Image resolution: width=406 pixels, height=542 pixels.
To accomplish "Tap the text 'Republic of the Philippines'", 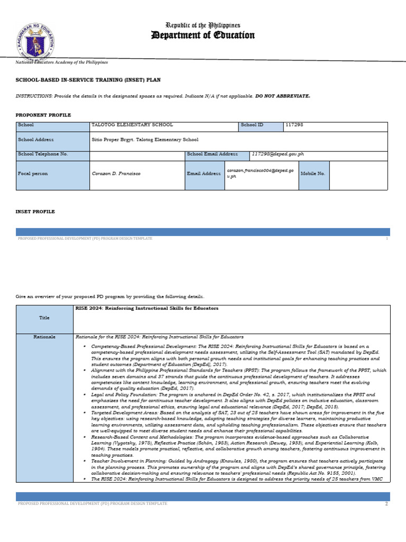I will [203, 25].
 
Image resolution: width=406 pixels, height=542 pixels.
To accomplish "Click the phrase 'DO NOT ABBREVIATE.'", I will [283, 96].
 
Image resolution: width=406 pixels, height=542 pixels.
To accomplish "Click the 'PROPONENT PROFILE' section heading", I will [43, 115].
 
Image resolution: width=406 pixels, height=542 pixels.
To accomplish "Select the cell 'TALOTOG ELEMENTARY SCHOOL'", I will [132, 125].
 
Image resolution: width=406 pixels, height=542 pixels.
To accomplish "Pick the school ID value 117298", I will [294, 125].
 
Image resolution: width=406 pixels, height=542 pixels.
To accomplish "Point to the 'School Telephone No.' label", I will [43, 154].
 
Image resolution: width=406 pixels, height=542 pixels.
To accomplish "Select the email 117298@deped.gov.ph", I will [278, 154].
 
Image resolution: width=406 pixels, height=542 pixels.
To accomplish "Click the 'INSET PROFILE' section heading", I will [35, 212].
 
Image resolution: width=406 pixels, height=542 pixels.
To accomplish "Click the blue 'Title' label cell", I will [44, 318].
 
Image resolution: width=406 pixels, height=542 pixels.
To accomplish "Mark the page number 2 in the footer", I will [386, 504].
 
